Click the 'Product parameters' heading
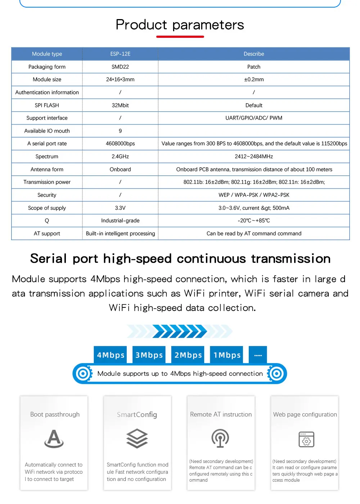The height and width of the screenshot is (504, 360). coord(180,25)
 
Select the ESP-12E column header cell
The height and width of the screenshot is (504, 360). coord(120,54)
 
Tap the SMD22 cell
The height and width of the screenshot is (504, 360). coord(120,67)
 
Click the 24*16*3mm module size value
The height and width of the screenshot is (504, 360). coord(120,80)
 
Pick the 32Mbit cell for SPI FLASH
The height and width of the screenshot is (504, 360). coord(120,105)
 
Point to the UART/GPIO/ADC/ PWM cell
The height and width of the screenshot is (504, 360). coord(254,118)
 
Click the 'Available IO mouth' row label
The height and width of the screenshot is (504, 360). coord(47,131)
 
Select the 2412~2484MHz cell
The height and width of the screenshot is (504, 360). coord(254,157)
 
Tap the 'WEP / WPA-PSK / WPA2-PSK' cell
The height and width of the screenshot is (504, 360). coord(254,195)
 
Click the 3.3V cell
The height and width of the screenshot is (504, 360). coord(120,208)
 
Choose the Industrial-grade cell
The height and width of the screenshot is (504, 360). coord(120,221)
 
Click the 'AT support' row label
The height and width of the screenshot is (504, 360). coord(47,234)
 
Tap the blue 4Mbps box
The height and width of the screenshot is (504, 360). coord(111,355)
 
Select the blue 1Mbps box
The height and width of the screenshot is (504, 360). coord(227,355)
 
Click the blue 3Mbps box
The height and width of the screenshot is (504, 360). coord(149,355)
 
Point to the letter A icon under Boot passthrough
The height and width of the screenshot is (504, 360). coord(54,438)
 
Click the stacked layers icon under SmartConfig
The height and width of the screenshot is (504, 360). coord(137,438)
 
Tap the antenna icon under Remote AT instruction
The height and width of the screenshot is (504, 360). coord(220,438)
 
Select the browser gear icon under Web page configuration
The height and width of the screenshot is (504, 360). coord(306,439)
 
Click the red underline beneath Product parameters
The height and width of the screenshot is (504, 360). coord(180,37)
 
